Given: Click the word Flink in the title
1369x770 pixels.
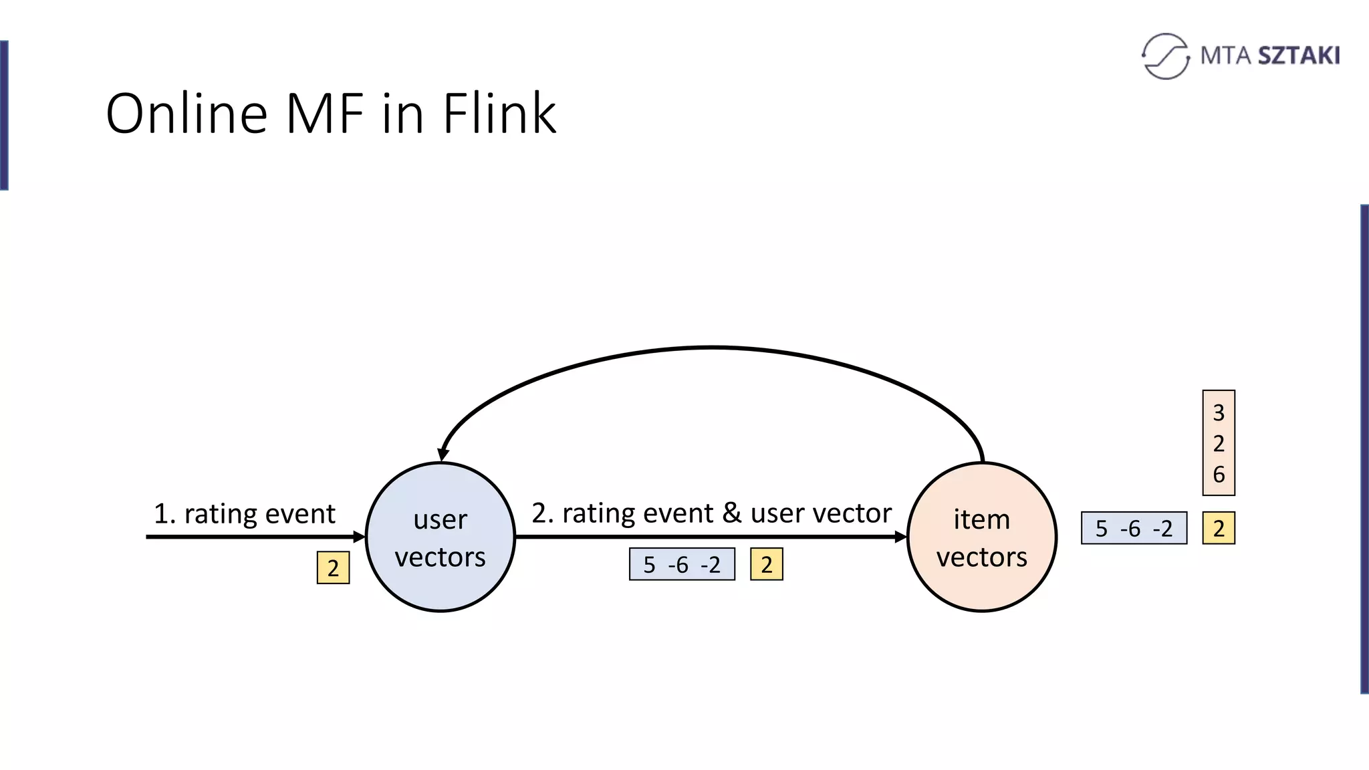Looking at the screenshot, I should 499,114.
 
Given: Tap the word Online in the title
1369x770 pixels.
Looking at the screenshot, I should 186,114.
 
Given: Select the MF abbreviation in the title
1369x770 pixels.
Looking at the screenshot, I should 325,114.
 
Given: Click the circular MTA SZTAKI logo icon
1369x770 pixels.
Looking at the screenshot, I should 1165,56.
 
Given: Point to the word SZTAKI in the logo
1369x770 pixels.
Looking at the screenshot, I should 1299,55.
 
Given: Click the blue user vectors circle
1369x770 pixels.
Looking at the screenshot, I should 441,537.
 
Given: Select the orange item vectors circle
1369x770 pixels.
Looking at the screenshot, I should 981,537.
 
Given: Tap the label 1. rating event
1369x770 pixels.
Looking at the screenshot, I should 245,513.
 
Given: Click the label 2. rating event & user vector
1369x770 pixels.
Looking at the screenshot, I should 711,513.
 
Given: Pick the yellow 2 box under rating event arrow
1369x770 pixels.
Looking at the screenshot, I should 333,567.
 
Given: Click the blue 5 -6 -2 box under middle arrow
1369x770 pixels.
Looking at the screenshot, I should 682,564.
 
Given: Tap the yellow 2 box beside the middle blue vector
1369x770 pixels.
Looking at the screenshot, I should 766,564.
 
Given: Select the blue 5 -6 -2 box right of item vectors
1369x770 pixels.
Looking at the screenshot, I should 1134,528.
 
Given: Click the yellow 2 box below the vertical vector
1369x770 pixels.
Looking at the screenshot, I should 1218,528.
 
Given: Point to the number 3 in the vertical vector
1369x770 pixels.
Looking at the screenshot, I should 1218,412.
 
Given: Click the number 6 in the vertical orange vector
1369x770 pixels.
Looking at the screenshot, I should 1218,475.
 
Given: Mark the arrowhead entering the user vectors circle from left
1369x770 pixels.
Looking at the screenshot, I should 360,537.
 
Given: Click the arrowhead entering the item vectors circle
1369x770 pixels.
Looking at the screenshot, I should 900,537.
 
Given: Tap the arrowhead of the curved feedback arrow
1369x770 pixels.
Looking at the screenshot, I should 443,455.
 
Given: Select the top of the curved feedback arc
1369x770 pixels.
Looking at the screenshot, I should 711,348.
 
